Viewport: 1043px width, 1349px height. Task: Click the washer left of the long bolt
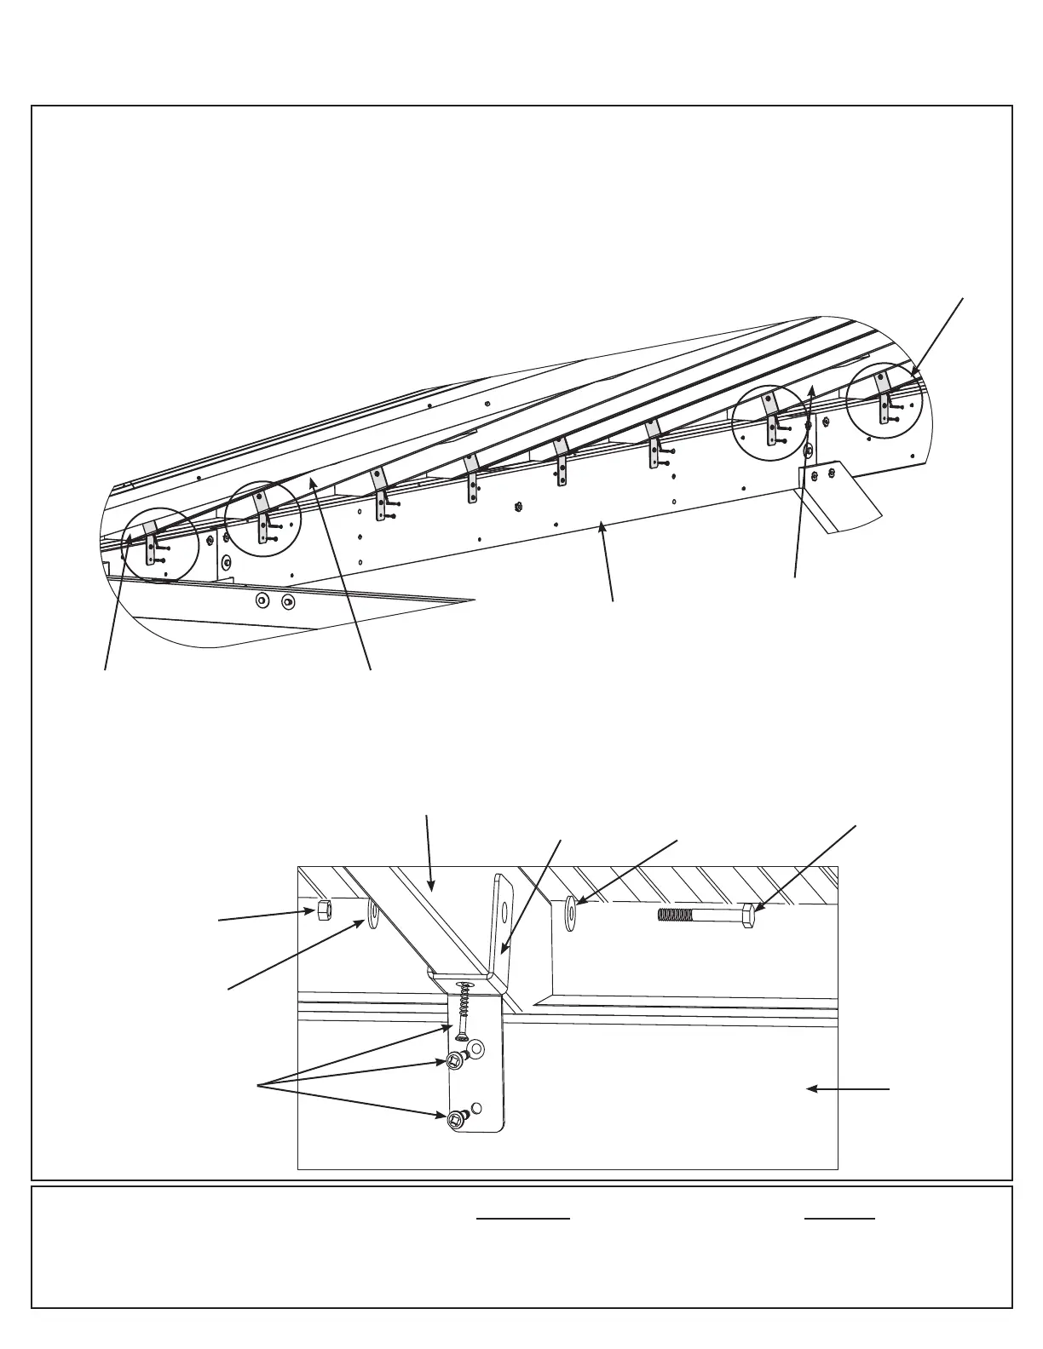pos(570,913)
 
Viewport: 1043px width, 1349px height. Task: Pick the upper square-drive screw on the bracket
pos(454,1060)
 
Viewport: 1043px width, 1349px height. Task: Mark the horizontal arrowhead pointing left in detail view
pos(811,1089)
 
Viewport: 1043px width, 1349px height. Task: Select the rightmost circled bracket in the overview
pos(885,402)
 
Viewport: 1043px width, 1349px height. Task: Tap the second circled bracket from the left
pos(262,520)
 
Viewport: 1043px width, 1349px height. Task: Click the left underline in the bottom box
pos(522,1219)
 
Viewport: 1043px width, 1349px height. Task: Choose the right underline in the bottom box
pos(839,1219)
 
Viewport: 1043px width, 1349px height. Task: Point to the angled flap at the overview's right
pos(838,498)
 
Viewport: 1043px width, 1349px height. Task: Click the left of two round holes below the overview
pos(262,601)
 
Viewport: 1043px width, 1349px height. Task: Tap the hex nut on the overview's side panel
pos(518,507)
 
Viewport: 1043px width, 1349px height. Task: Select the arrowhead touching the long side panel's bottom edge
pos(603,529)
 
